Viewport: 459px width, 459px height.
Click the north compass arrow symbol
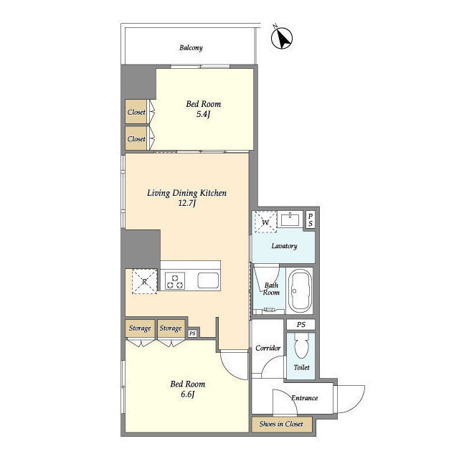(x=282, y=38)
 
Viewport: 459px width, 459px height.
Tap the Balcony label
(x=191, y=48)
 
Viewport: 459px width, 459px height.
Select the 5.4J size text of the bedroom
(x=203, y=114)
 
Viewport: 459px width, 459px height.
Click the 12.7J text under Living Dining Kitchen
(x=186, y=203)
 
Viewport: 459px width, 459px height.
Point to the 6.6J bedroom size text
(x=187, y=394)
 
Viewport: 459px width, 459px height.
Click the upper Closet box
(x=136, y=112)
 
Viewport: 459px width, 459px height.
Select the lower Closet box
(x=136, y=138)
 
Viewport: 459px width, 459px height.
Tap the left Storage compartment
(x=140, y=328)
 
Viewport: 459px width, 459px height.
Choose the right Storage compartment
(x=171, y=328)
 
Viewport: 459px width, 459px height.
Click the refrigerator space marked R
(x=144, y=282)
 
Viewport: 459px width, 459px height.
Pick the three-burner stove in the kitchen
(x=175, y=281)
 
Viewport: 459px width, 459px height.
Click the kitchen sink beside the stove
(x=208, y=280)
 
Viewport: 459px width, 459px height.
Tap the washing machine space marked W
(x=265, y=222)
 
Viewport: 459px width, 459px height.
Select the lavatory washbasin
(x=290, y=219)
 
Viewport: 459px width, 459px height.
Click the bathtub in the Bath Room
(x=300, y=291)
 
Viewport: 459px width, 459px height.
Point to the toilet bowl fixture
(x=301, y=346)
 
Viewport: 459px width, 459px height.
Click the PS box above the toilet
(x=301, y=325)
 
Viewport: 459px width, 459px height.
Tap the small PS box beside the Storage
(x=192, y=333)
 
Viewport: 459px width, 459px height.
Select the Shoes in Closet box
(x=282, y=424)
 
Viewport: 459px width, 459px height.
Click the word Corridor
(x=268, y=348)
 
